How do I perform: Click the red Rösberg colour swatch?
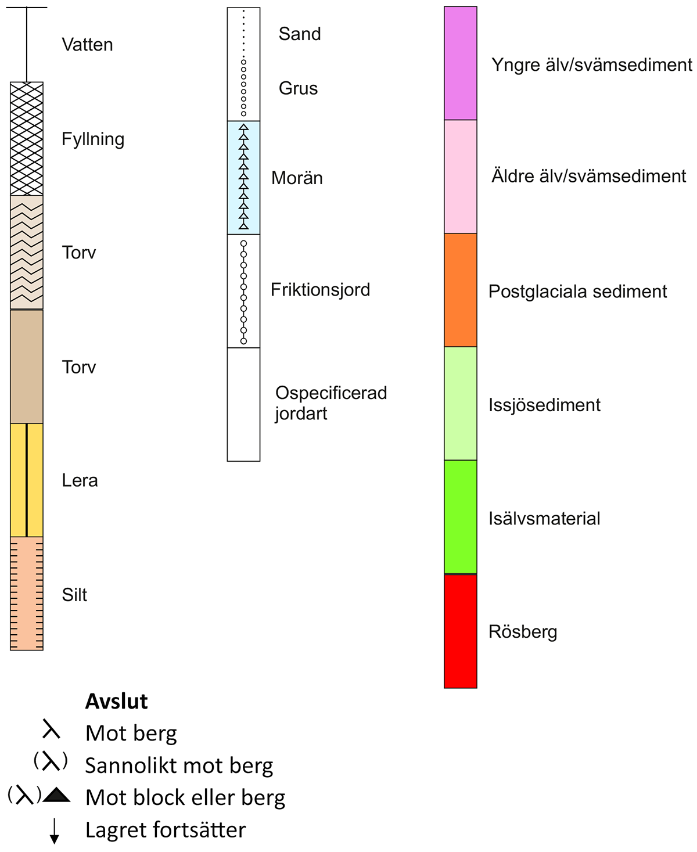point(460,631)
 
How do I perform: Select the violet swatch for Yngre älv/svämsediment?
point(460,63)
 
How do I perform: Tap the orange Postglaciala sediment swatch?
point(460,290)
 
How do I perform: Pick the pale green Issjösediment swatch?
point(460,404)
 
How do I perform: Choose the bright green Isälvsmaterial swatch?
point(460,517)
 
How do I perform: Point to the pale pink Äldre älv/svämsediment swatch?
point(460,177)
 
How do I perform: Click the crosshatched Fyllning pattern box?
point(27,139)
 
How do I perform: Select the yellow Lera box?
point(27,480)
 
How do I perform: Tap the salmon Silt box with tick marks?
point(27,593)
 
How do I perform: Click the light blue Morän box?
point(243,177)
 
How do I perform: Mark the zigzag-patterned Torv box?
point(27,252)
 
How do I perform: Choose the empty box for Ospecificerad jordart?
point(243,404)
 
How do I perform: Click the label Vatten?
point(87,45)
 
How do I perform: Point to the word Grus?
point(298,88)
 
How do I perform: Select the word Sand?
point(299,34)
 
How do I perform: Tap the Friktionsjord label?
point(320,289)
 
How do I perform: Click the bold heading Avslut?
point(116,702)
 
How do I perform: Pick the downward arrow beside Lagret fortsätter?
point(54,831)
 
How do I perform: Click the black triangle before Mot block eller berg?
point(56,795)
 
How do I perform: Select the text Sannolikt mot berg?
point(179,765)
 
